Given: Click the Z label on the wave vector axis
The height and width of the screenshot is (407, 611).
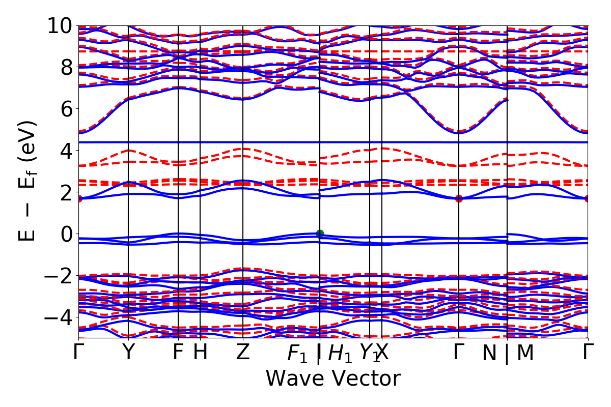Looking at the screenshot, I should [x=243, y=352].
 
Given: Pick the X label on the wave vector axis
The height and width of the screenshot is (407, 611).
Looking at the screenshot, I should [x=382, y=352].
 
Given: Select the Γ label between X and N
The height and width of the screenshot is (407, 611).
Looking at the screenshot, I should [x=459, y=352].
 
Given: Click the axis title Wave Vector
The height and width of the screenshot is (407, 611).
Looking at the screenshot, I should [x=333, y=379].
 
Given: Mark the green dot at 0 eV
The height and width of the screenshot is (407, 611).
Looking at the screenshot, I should [x=320, y=234].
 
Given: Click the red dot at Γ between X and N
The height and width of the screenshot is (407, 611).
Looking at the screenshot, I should [x=459, y=198].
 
